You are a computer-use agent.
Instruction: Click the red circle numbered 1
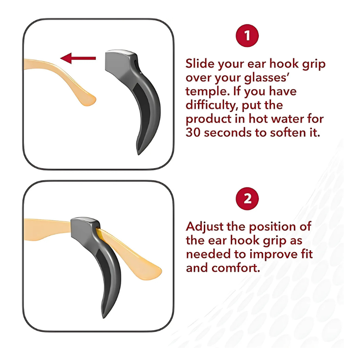coord(247,36)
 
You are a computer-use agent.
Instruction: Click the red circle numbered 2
coord(247,198)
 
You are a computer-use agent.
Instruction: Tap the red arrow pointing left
coord(78,58)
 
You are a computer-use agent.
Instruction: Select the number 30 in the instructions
coord(193,132)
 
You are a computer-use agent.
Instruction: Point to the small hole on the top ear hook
coord(135,62)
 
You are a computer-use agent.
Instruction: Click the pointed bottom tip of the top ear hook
coord(139,154)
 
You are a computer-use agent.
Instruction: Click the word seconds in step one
coord(227,132)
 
